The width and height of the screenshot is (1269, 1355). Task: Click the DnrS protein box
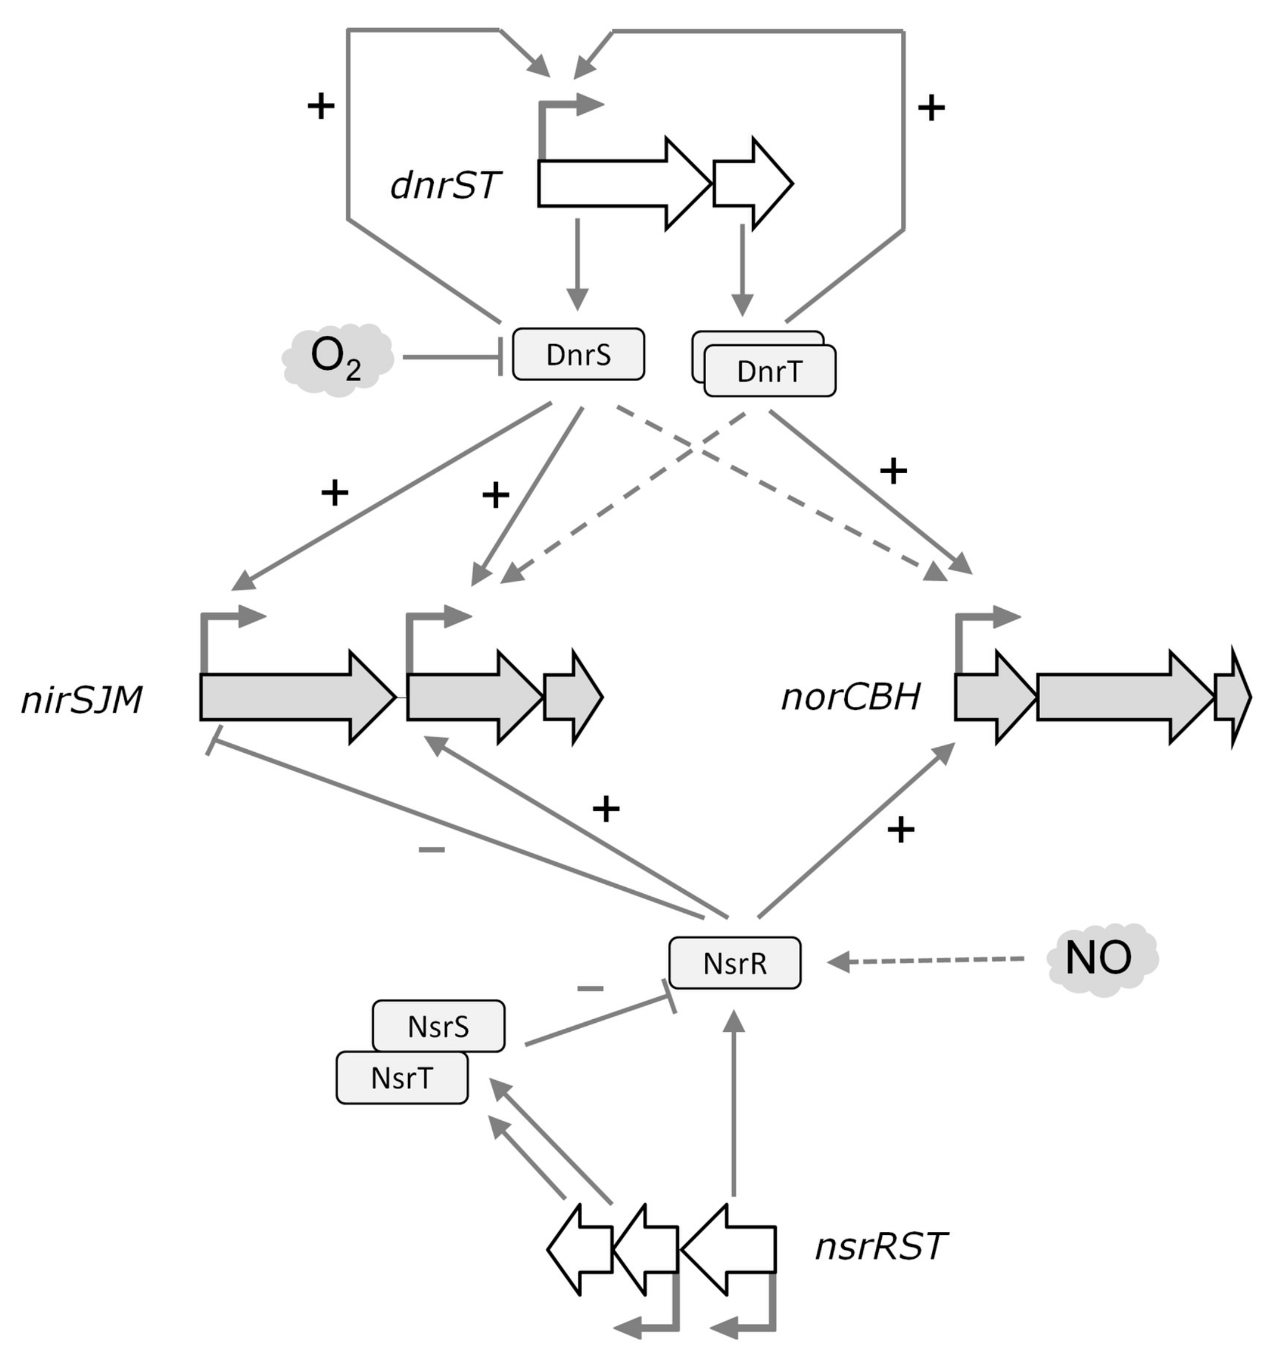pos(578,354)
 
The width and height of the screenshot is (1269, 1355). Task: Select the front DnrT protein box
pos(770,372)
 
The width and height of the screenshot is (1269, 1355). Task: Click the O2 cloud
pos(337,358)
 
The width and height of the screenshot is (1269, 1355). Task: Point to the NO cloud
pos(1101,958)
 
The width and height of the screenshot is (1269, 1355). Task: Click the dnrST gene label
pos(446,185)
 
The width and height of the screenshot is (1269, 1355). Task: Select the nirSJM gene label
pos(82,700)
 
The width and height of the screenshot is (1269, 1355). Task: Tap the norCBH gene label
pos(851,697)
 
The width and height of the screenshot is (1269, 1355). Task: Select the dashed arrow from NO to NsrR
pos(927,960)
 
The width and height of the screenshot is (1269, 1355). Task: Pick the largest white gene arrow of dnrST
pos(614,183)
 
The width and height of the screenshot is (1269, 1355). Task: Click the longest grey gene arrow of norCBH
pos(1118,697)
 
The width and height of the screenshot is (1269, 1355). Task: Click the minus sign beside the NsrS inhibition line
pos(590,988)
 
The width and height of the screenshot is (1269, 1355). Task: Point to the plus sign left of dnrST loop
pos(321,106)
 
